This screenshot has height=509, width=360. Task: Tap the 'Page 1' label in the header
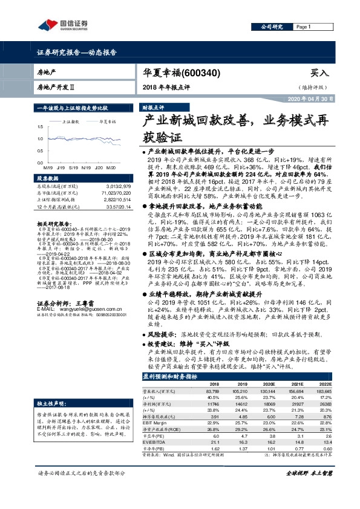(x=304, y=27)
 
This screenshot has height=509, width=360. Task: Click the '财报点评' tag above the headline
(x=152, y=106)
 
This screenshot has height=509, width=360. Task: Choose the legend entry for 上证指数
(x=72, y=121)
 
